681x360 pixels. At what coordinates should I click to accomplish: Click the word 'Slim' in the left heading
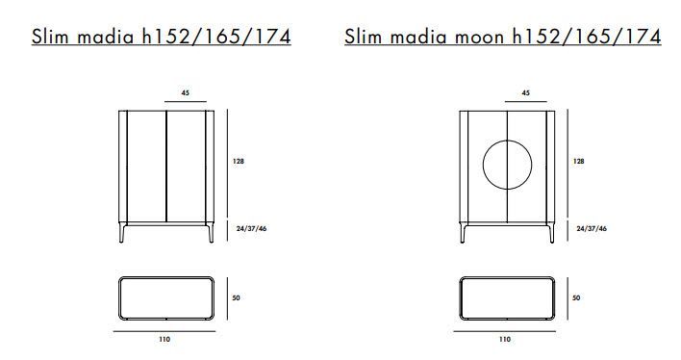pos(50,36)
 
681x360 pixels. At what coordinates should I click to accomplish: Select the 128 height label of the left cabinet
pos(239,162)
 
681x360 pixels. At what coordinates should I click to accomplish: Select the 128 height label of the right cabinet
pos(578,162)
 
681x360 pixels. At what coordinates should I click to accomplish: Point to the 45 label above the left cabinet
pos(186,93)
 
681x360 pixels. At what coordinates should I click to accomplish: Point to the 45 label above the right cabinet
pos(525,93)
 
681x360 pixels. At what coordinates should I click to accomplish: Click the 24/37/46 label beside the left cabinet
pos(251,229)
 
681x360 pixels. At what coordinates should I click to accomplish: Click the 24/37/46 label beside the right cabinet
pos(592,229)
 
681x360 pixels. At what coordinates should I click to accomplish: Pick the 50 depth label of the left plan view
pos(236,298)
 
